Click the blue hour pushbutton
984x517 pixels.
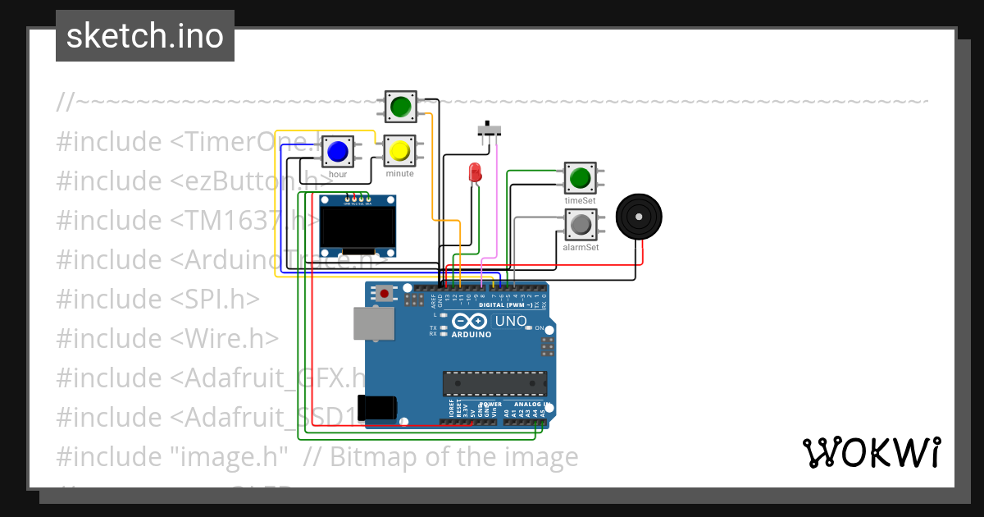(x=337, y=152)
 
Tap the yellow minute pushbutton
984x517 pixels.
(x=399, y=151)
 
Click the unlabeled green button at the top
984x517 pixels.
(x=400, y=107)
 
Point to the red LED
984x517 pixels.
(x=474, y=172)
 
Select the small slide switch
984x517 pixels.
(x=490, y=130)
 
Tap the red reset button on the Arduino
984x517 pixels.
(x=385, y=292)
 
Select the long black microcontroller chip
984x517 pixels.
(x=494, y=383)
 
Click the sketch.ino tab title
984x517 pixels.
(x=145, y=36)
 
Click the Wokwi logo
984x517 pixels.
(x=871, y=453)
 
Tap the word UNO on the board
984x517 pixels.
(x=511, y=321)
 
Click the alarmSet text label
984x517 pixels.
(x=580, y=247)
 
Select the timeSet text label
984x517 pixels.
(x=580, y=200)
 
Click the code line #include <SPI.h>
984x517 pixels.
(x=158, y=300)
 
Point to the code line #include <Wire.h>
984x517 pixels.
(x=167, y=339)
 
